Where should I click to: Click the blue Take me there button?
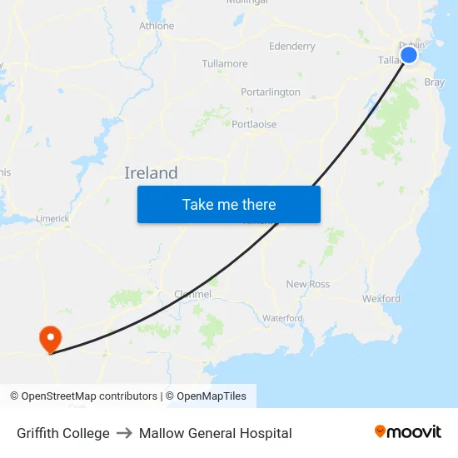tap(229, 205)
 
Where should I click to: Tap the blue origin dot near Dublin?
tap(409, 55)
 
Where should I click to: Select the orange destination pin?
tap(50, 338)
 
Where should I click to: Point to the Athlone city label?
tap(157, 26)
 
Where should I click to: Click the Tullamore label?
tap(225, 63)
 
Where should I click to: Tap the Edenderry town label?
tap(292, 47)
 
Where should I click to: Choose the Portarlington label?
tap(271, 92)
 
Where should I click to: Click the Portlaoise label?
tap(254, 124)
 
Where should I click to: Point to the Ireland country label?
tap(151, 173)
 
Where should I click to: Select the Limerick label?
tap(52, 219)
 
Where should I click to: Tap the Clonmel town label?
tap(192, 294)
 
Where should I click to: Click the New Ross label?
tap(308, 284)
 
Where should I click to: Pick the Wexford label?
tap(381, 298)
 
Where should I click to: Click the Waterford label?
tap(282, 318)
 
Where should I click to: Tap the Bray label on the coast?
tap(434, 82)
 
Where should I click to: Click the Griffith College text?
tap(63, 433)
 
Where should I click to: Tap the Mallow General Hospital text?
tap(216, 433)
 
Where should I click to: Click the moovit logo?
tap(408, 432)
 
